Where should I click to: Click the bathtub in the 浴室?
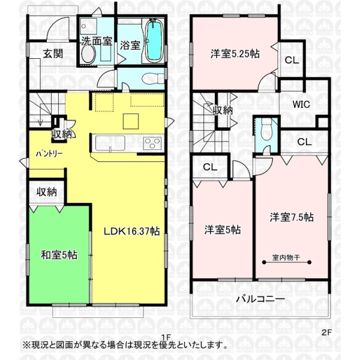(154, 40)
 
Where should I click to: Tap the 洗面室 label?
(97, 41)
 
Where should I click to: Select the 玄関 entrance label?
(53, 54)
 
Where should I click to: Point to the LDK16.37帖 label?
(132, 231)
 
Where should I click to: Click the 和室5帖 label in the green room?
(59, 255)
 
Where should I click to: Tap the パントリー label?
(49, 154)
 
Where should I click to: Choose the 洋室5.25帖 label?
(235, 54)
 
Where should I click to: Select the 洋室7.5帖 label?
(292, 217)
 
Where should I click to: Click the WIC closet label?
(301, 104)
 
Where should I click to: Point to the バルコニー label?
(260, 299)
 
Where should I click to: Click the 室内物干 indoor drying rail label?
(286, 257)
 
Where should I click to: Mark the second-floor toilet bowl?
(266, 133)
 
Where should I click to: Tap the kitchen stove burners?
(152, 143)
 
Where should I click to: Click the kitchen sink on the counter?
(110, 143)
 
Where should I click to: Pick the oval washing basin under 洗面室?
(88, 54)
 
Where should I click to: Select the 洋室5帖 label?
(223, 230)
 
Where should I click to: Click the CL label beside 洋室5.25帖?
(292, 61)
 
